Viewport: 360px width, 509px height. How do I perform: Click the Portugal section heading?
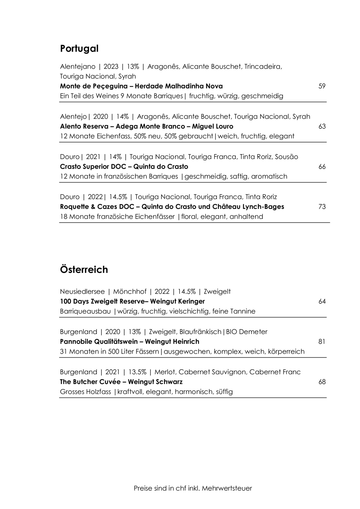click(x=79, y=49)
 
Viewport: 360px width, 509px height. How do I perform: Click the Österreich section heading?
click(x=84, y=270)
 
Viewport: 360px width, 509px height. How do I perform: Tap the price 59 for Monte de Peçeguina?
click(x=322, y=86)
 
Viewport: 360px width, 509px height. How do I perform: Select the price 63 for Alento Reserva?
click(x=322, y=126)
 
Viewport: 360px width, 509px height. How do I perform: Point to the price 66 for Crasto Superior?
click(x=322, y=167)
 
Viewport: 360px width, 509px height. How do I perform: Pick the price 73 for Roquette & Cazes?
click(x=322, y=207)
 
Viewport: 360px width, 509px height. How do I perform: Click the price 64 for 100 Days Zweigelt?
click(x=322, y=301)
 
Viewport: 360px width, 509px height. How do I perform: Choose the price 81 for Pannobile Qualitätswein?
click(x=322, y=342)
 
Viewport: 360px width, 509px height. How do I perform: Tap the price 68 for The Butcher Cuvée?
click(x=322, y=382)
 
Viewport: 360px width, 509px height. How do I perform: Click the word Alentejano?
click(x=78, y=67)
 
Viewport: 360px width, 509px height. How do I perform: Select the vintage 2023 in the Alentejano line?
click(x=111, y=67)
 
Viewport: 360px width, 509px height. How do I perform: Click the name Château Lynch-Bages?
click(x=248, y=207)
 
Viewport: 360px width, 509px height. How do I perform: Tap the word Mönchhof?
click(x=130, y=292)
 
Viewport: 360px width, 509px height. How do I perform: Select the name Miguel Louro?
click(x=212, y=126)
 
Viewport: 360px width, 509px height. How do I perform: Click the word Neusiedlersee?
click(x=82, y=292)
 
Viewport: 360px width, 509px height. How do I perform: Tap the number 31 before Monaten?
click(x=64, y=351)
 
